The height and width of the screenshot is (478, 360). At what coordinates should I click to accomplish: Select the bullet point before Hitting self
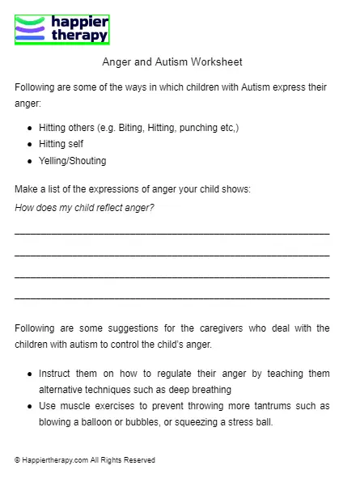click(x=30, y=144)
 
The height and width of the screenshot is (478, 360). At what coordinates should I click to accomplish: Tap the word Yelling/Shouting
click(x=72, y=161)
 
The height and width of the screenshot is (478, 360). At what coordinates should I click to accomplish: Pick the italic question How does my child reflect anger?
click(x=84, y=208)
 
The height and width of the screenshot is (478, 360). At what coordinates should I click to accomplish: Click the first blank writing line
click(x=172, y=234)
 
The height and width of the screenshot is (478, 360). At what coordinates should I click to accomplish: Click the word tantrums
click(x=248, y=405)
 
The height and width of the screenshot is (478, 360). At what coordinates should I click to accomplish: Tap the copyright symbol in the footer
click(x=17, y=459)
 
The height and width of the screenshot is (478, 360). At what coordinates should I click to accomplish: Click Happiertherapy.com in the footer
click(x=54, y=459)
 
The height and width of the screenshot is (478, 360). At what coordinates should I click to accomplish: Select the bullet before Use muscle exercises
click(x=30, y=405)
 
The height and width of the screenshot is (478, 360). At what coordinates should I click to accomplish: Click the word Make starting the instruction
click(x=26, y=189)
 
